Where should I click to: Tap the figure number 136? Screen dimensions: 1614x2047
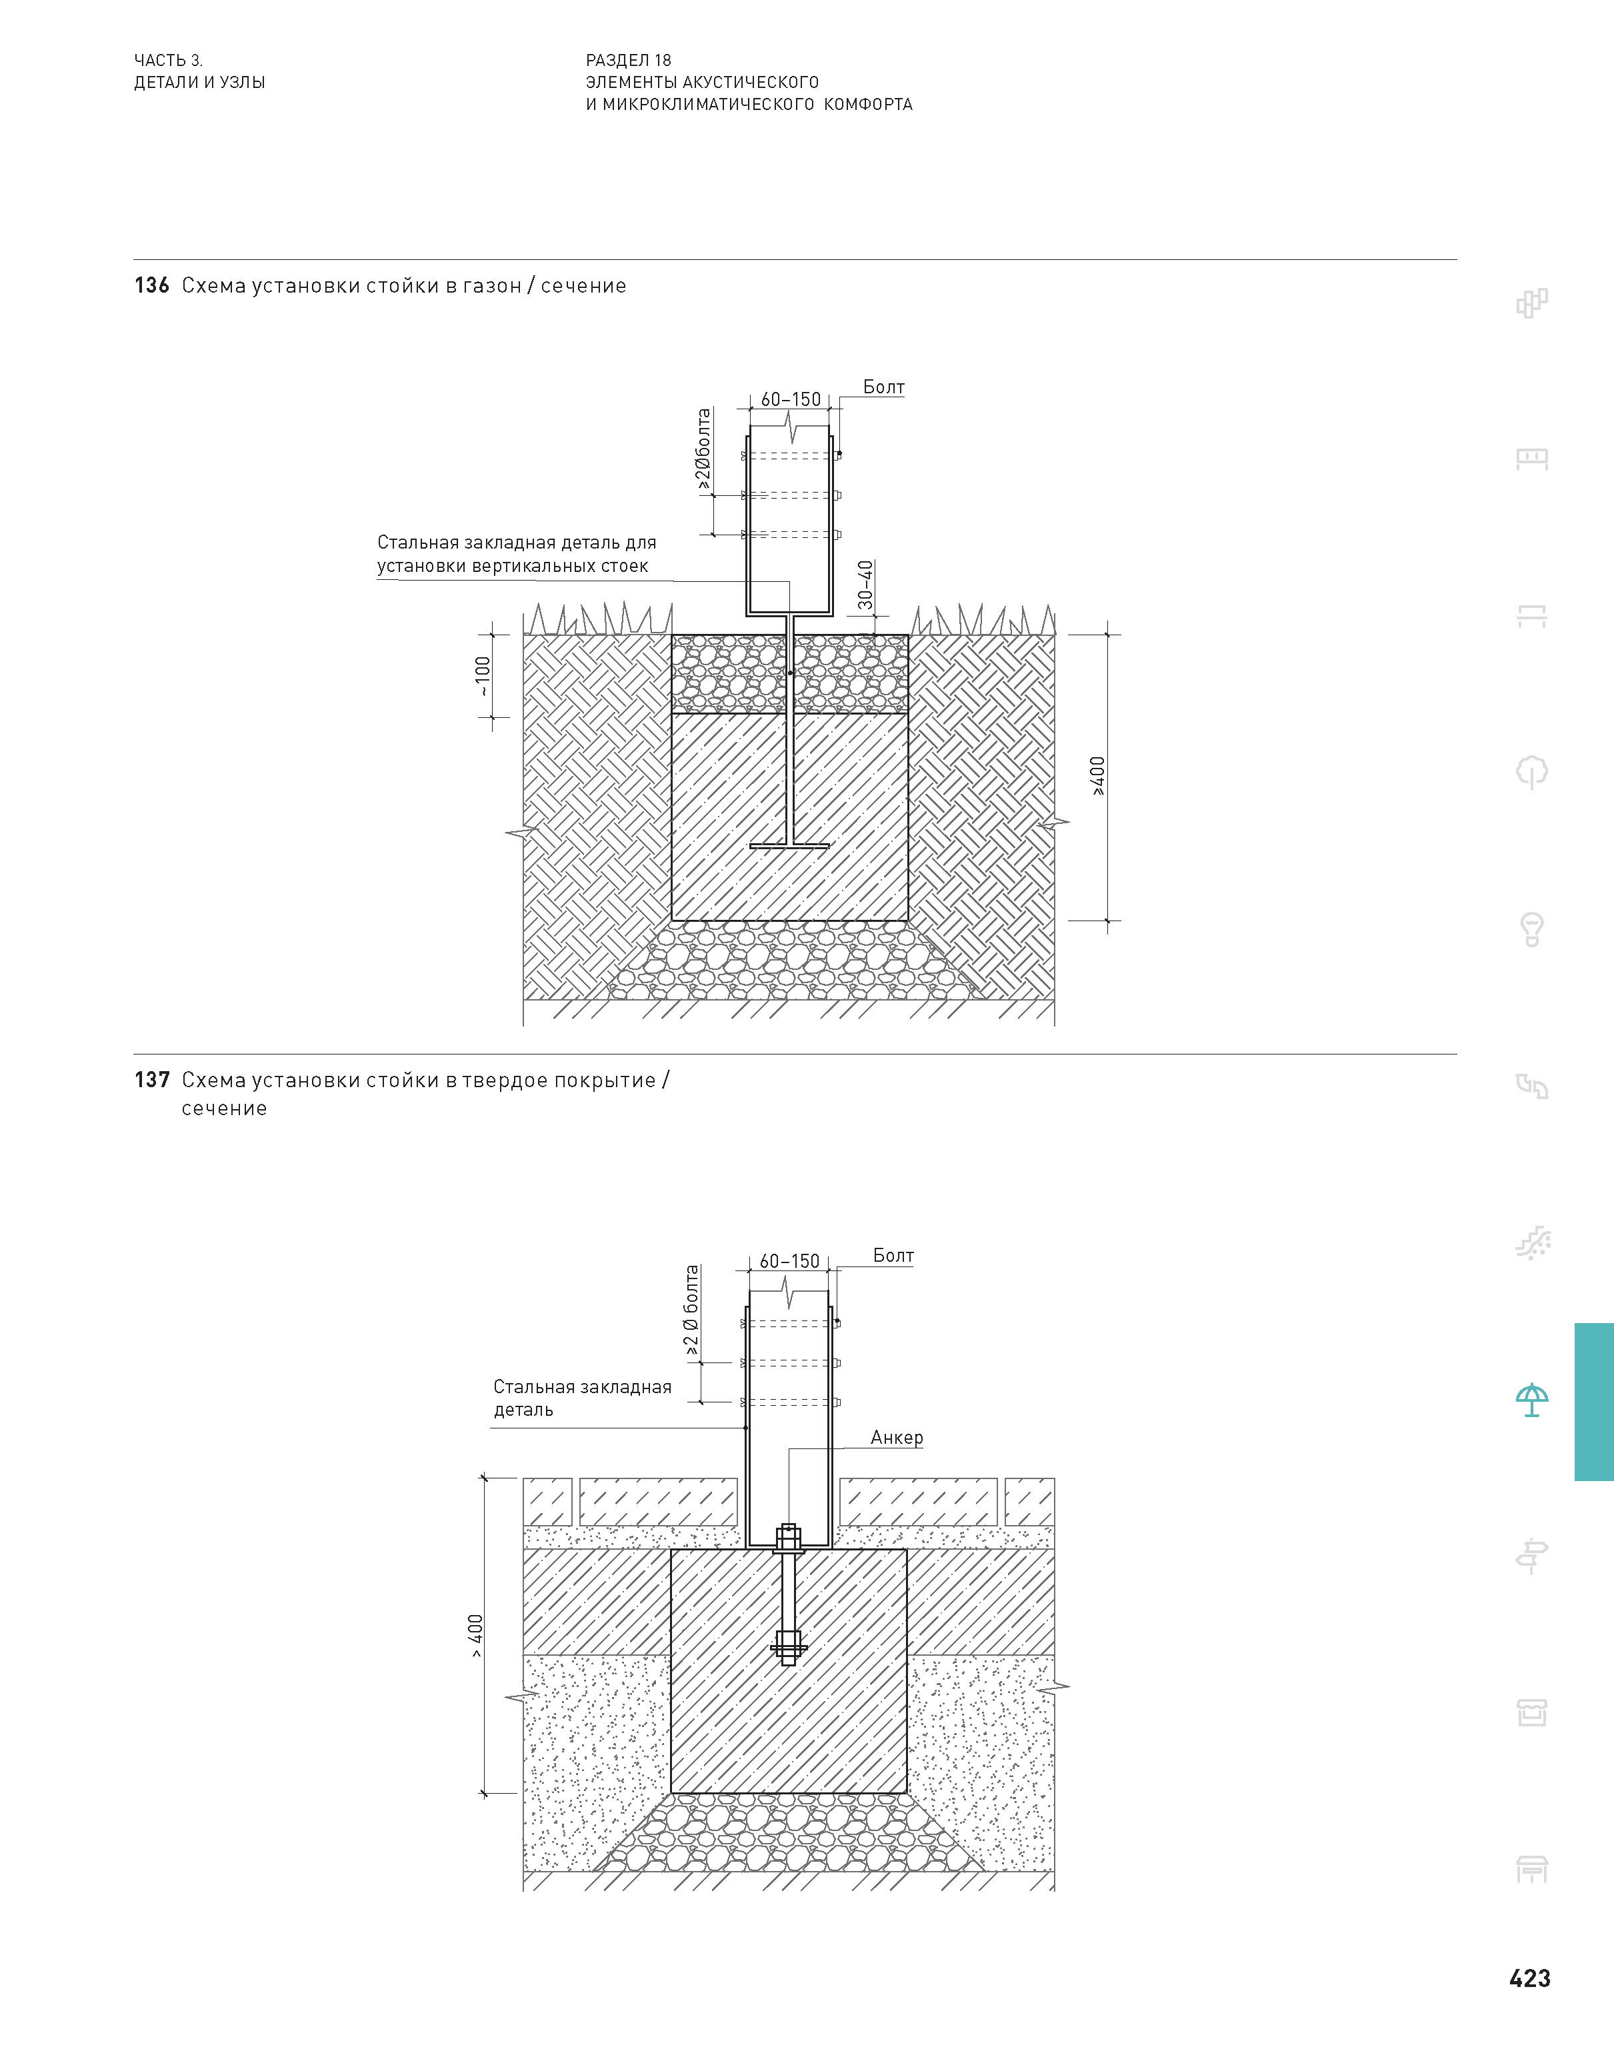tap(151, 285)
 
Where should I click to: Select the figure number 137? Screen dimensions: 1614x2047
tap(151, 1080)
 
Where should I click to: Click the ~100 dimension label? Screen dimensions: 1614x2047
tap(483, 677)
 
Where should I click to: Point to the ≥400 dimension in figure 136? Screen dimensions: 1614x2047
tap(1097, 777)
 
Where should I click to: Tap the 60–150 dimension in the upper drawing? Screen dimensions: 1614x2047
tap(791, 399)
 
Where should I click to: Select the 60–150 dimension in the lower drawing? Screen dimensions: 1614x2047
tap(790, 1261)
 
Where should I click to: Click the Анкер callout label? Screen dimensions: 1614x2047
tap(897, 1438)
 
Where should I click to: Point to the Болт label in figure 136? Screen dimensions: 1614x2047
tap(883, 387)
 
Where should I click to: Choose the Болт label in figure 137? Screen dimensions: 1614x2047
tap(893, 1255)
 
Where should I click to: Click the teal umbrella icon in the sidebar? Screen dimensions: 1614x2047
tap(1532, 1400)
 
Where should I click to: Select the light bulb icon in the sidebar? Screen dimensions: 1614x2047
tap(1532, 929)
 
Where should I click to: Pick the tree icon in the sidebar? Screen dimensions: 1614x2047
tap(1532, 773)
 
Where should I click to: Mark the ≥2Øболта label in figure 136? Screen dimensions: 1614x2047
tap(703, 450)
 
